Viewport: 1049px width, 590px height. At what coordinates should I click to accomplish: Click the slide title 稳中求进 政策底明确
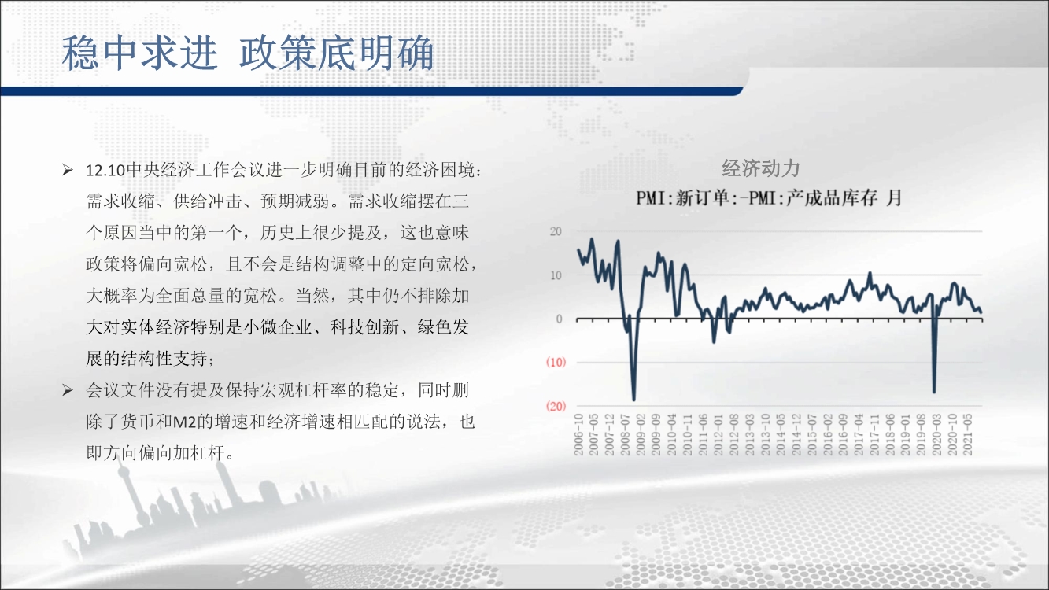pos(248,53)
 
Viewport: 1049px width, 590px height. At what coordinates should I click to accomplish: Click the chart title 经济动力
pos(761,168)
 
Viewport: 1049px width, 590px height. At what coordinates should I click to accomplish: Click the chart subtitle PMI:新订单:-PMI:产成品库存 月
pos(769,198)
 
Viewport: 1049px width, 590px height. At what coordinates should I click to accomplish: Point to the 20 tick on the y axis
pos(556,231)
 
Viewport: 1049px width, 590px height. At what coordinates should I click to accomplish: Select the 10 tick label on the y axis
pos(556,275)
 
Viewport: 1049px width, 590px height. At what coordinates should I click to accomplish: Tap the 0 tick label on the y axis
pos(560,319)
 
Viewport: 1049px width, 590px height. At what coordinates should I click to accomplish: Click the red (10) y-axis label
pos(556,363)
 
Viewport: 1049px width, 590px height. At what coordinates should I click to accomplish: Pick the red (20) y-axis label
pos(556,406)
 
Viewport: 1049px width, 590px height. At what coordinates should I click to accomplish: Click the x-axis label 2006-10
pos(578,434)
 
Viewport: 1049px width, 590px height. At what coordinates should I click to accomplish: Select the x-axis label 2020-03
pos(936,434)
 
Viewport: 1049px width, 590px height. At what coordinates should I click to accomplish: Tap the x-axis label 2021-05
pos(967,434)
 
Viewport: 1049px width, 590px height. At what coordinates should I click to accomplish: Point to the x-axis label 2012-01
pos(718,434)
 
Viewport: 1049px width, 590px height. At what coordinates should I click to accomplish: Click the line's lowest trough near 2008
pos(634,400)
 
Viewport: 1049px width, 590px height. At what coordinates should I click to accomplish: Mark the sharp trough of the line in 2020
pos(934,392)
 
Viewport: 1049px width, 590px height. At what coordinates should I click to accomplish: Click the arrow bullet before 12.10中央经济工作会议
pos(68,170)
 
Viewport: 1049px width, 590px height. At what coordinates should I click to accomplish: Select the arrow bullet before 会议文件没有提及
pos(68,390)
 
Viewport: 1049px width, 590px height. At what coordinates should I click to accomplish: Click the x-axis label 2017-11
pos(874,434)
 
